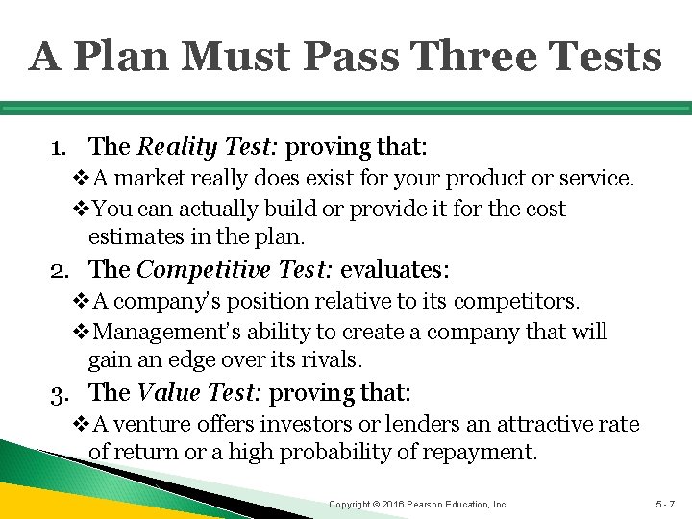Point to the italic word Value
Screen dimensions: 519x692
click(167, 392)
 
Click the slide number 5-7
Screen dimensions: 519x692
click(666, 504)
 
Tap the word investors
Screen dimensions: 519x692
click(323, 424)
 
